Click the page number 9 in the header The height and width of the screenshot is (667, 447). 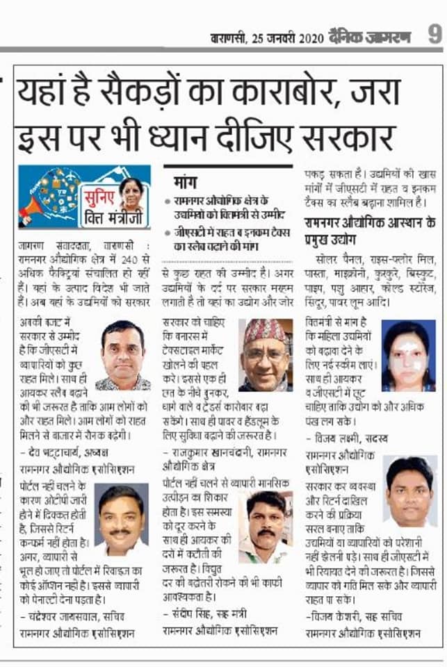[x=434, y=35]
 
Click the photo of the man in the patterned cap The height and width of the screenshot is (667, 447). [x=266, y=354]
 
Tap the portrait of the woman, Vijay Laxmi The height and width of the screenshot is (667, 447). [x=408, y=356]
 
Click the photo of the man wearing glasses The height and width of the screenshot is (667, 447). [x=122, y=354]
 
